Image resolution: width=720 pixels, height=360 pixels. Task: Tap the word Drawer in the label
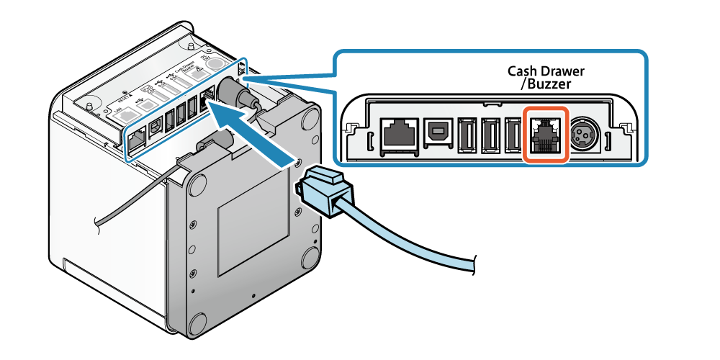click(x=562, y=71)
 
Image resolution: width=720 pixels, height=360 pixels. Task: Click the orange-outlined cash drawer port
click(x=545, y=135)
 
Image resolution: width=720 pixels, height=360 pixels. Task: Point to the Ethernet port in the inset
click(x=398, y=135)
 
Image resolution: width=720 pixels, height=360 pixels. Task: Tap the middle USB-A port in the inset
click(x=491, y=135)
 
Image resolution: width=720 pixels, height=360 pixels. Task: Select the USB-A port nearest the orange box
click(x=513, y=135)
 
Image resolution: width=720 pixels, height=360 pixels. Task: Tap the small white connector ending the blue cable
click(x=483, y=266)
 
